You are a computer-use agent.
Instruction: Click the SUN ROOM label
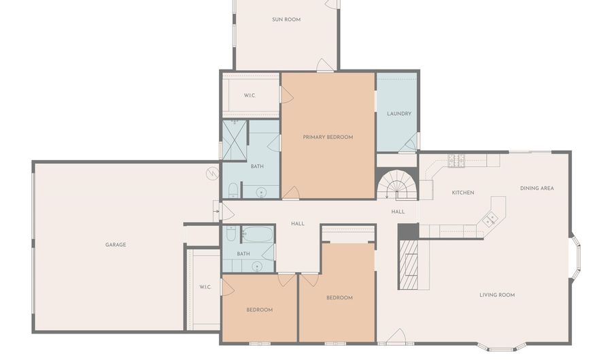click(286, 20)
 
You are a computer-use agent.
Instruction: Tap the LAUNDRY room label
click(399, 114)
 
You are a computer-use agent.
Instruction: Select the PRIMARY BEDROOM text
click(328, 137)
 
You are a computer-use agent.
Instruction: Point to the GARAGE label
click(116, 245)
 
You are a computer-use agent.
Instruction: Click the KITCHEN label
click(463, 193)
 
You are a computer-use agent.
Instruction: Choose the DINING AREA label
click(537, 189)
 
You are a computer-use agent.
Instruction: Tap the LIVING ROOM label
click(497, 295)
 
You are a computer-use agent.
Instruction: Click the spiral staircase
click(397, 184)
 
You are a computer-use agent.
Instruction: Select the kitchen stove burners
click(457, 161)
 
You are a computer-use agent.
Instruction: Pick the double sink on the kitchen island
click(489, 218)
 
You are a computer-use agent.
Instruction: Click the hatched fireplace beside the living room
click(408, 264)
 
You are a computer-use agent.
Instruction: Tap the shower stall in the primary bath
click(234, 141)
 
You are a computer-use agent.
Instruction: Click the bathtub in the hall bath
click(257, 234)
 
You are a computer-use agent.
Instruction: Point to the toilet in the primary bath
click(233, 190)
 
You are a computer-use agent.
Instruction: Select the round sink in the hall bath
click(257, 267)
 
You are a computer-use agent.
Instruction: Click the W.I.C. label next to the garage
click(205, 287)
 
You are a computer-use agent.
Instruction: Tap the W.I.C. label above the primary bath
click(250, 96)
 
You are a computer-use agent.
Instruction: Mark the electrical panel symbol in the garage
click(212, 174)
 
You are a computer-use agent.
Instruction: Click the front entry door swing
click(397, 337)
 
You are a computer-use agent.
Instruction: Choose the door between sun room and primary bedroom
click(325, 65)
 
